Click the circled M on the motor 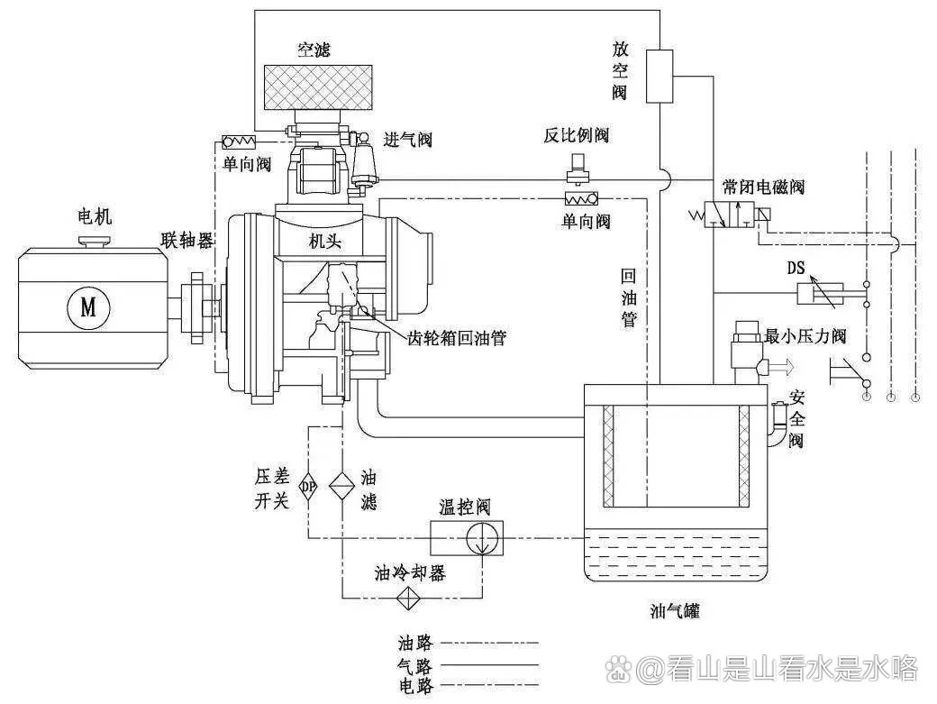click(87, 306)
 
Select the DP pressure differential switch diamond click(308, 487)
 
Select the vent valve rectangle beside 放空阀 click(661, 77)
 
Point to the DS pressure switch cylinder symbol click(820, 292)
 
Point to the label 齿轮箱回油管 click(456, 338)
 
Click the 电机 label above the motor click(94, 217)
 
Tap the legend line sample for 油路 click(492, 644)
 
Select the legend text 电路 click(415, 686)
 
